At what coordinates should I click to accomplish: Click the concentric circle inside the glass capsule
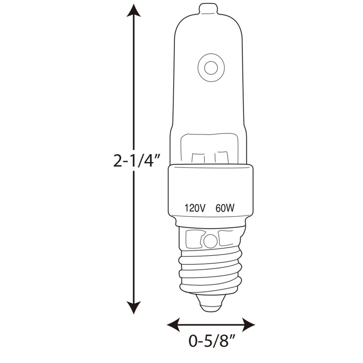[211, 67]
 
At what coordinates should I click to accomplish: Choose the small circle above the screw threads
[210, 242]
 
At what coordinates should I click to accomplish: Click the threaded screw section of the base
[211, 269]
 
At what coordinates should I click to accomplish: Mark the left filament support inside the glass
[199, 157]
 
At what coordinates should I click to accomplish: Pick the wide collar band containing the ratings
[211, 195]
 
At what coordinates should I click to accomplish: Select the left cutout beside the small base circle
[193, 239]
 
